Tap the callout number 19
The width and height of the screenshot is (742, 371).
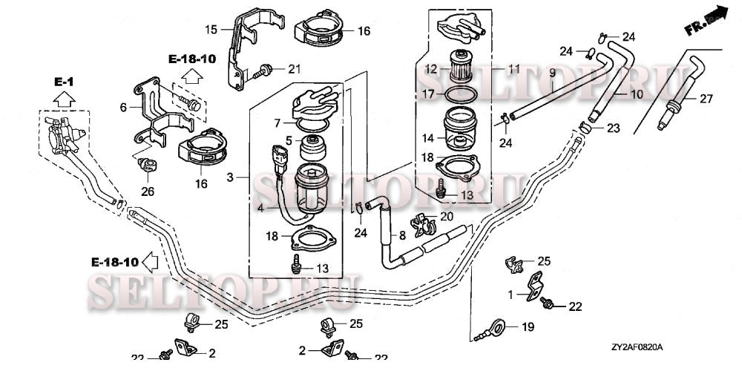click(528, 326)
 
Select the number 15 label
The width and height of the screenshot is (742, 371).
click(211, 30)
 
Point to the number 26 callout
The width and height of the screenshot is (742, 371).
click(148, 191)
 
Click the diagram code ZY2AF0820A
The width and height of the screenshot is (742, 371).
click(637, 347)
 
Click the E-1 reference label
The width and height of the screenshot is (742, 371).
click(63, 79)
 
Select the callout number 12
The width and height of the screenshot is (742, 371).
click(431, 69)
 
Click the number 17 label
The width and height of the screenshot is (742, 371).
click(428, 94)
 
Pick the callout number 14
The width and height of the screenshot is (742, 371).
click(429, 138)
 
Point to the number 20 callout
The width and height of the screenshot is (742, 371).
click(446, 217)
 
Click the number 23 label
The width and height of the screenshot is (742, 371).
click(613, 128)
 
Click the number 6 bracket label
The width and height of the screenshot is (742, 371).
click(123, 107)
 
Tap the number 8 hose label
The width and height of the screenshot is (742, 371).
click(401, 236)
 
